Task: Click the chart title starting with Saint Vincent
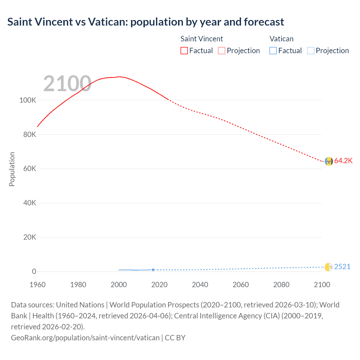tap(145, 22)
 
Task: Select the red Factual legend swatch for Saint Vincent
tap(184, 51)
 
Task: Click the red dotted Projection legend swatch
tap(222, 51)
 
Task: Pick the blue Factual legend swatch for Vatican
tap(273, 51)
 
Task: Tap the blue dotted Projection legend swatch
tap(310, 51)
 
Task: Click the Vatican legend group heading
tap(281, 39)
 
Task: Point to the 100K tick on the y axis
tap(28, 100)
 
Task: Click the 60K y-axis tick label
tap(30, 169)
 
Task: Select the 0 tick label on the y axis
tap(34, 271)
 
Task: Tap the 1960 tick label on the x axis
tap(37, 285)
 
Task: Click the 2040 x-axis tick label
tap(200, 285)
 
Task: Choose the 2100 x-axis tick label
tap(322, 285)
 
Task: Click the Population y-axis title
tap(12, 169)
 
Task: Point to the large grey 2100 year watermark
tap(67, 84)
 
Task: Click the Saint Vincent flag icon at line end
tap(328, 161)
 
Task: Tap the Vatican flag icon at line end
tap(328, 267)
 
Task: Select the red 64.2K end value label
tap(343, 161)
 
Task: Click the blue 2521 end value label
tap(342, 267)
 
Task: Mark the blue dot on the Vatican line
tap(153, 270)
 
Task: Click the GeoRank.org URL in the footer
tap(85, 337)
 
